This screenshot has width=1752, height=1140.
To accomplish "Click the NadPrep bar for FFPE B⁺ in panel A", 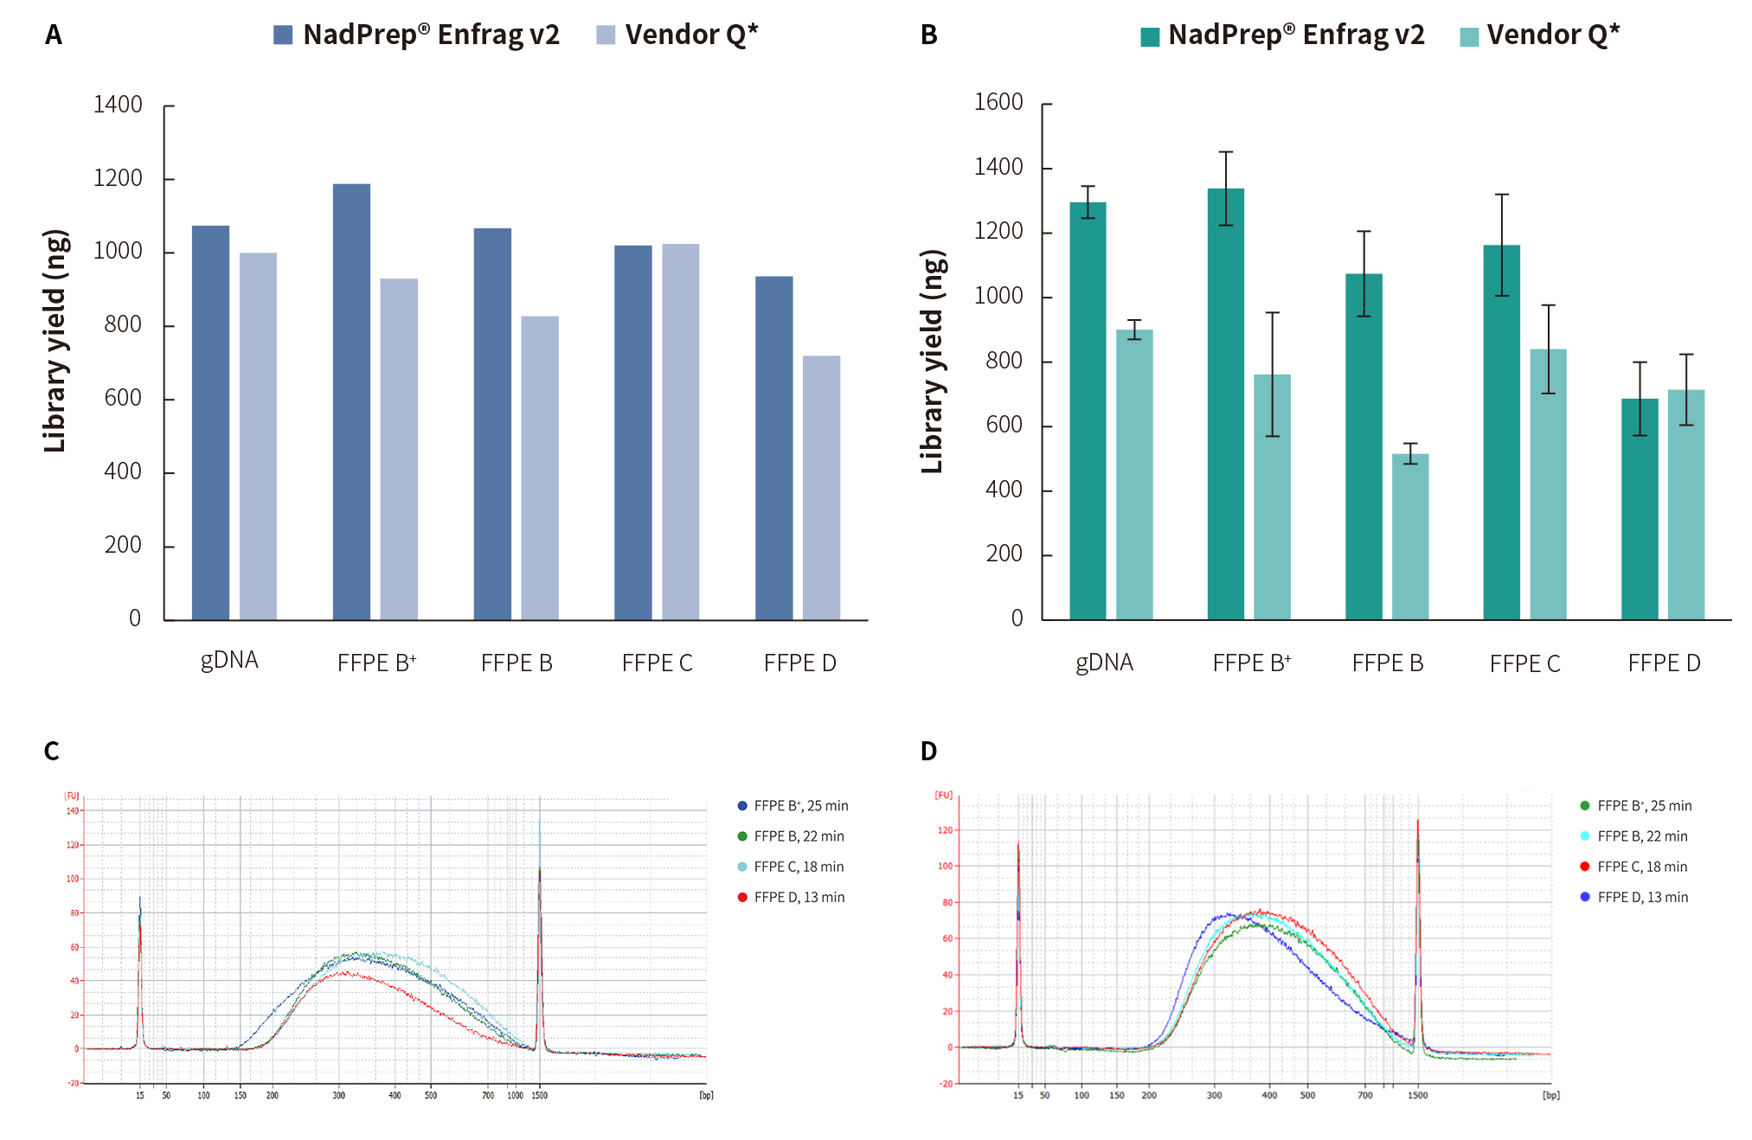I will pyautogui.click(x=351, y=401).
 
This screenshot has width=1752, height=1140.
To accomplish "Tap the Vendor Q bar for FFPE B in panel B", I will pyautogui.click(x=1410, y=536).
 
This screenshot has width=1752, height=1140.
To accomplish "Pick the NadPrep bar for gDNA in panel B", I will pyautogui.click(x=1088, y=411).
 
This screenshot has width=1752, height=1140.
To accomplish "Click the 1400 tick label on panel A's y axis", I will pyautogui.click(x=118, y=105).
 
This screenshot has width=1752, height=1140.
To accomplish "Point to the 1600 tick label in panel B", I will pyautogui.click(x=998, y=102).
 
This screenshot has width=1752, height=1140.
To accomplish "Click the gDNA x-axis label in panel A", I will pyautogui.click(x=229, y=661).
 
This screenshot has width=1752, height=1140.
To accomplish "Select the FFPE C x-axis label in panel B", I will pyautogui.click(x=1524, y=663).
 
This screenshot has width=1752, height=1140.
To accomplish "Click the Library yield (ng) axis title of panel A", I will pyautogui.click(x=55, y=341).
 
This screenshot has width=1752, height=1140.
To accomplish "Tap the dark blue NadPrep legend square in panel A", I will pyautogui.click(x=283, y=35).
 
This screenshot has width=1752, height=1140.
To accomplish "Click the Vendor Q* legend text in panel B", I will pyautogui.click(x=1553, y=35).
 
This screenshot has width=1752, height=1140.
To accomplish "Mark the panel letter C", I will pyautogui.click(x=52, y=751).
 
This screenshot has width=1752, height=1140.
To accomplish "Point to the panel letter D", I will pyautogui.click(x=928, y=751).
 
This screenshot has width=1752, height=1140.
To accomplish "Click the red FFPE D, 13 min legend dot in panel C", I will pyautogui.click(x=742, y=897).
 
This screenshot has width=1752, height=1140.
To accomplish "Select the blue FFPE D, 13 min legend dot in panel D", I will pyautogui.click(x=1585, y=897).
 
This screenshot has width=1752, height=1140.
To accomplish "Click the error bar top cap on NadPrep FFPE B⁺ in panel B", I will pyautogui.click(x=1226, y=152).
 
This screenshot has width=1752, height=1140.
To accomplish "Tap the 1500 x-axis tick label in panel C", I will pyautogui.click(x=539, y=1095).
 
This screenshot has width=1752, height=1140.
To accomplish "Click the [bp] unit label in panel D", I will pyautogui.click(x=1550, y=1095).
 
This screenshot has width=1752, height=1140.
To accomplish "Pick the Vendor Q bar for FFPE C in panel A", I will pyautogui.click(x=681, y=432).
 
